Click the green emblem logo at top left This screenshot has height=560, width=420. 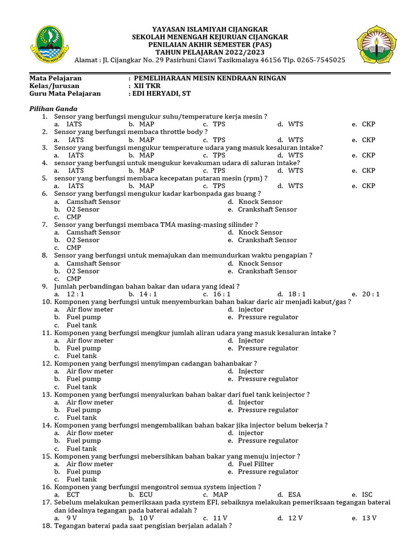point(53,45)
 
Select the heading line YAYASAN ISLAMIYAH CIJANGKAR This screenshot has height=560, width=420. point(210,29)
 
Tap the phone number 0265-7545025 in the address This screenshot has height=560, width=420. point(322,60)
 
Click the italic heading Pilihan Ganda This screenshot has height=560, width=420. point(53,109)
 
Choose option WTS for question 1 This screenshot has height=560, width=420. point(295,124)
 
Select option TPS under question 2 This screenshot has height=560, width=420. point(219,139)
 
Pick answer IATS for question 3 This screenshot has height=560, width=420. point(76,155)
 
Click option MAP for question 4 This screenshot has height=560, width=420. point(147,171)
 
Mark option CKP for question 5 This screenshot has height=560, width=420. point(369,186)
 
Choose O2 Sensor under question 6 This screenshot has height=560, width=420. point(83,209)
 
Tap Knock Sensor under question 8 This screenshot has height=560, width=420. point(260,264)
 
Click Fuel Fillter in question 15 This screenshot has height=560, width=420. point(256,464)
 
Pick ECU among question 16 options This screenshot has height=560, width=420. point(146,495)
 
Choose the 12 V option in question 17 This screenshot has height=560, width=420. point(295,518)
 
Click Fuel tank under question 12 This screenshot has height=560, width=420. point(81,387)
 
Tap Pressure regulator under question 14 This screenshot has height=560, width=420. point(268,441)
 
